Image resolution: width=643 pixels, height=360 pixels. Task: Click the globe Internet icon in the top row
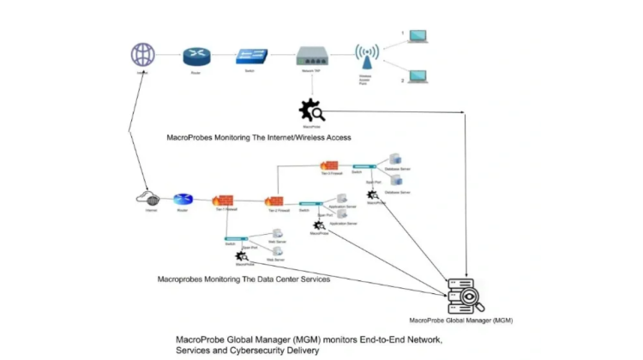[x=142, y=56]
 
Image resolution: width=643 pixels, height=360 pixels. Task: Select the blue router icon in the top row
[x=195, y=57]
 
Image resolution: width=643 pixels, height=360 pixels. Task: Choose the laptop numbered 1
[x=418, y=37]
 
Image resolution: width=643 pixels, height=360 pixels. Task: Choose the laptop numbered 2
[x=418, y=75]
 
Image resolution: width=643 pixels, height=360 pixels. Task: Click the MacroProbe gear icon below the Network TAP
[x=310, y=111]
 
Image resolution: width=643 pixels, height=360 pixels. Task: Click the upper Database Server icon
[x=395, y=159]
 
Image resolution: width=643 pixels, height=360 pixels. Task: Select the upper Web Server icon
[x=278, y=234]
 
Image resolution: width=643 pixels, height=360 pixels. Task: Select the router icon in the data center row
[x=183, y=200]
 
